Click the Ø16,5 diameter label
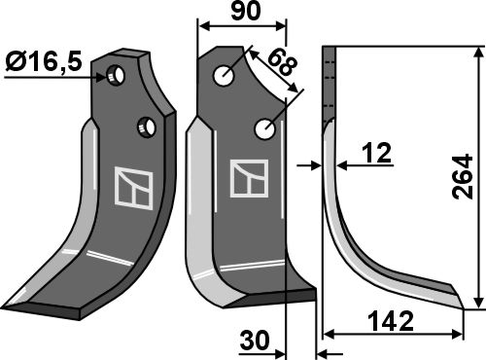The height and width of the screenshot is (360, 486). [x=44, y=62]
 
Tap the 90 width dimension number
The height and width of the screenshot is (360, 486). [x=245, y=11]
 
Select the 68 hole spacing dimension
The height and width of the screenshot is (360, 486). [x=282, y=63]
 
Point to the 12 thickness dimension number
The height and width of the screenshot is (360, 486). [x=377, y=153]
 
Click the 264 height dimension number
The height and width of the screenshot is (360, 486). [x=463, y=177]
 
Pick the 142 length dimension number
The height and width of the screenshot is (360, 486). [x=392, y=321]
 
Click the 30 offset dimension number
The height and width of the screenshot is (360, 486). [x=255, y=341]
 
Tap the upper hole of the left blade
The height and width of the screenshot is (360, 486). [x=117, y=76]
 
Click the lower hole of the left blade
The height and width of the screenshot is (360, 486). [x=147, y=126]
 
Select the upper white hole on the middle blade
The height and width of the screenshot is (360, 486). [x=224, y=76]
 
